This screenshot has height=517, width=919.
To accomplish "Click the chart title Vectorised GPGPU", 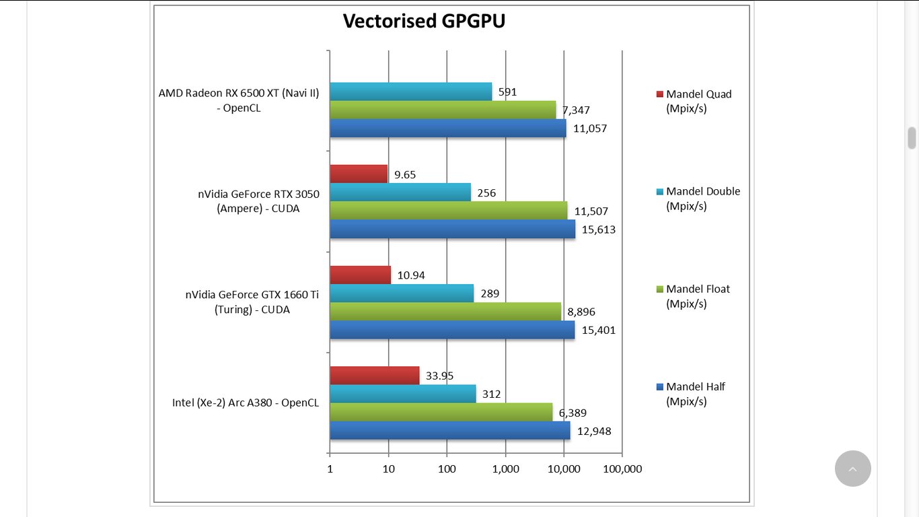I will click(x=424, y=21).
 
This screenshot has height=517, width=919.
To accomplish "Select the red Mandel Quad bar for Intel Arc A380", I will click(x=375, y=376).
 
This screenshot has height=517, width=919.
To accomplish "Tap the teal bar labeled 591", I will click(x=410, y=92).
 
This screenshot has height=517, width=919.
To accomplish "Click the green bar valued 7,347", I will click(x=443, y=110).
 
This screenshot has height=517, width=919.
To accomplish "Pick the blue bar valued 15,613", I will click(x=452, y=229).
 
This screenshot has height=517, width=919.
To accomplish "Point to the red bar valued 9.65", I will click(x=359, y=174).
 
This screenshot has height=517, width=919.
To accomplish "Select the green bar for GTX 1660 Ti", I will click(x=445, y=312).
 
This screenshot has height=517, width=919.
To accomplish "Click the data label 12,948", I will click(x=595, y=431).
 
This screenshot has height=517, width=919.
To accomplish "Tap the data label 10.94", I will click(x=411, y=275).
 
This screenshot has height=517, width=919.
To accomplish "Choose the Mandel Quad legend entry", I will click(x=698, y=101).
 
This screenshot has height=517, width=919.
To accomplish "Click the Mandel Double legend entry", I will click(x=702, y=199).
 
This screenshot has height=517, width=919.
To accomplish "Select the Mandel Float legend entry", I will click(x=697, y=296).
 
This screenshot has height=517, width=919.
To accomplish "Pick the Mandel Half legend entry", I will click(x=695, y=394).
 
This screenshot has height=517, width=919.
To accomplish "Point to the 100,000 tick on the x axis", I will click(x=622, y=469).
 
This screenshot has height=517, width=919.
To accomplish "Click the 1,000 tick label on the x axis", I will click(x=505, y=469).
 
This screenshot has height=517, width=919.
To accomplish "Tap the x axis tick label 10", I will click(x=388, y=469).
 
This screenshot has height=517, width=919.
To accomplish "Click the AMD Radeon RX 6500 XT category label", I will click(x=239, y=100).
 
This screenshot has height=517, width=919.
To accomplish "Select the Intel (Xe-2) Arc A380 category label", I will click(x=246, y=403).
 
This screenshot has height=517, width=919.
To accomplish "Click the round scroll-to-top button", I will click(x=852, y=469).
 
